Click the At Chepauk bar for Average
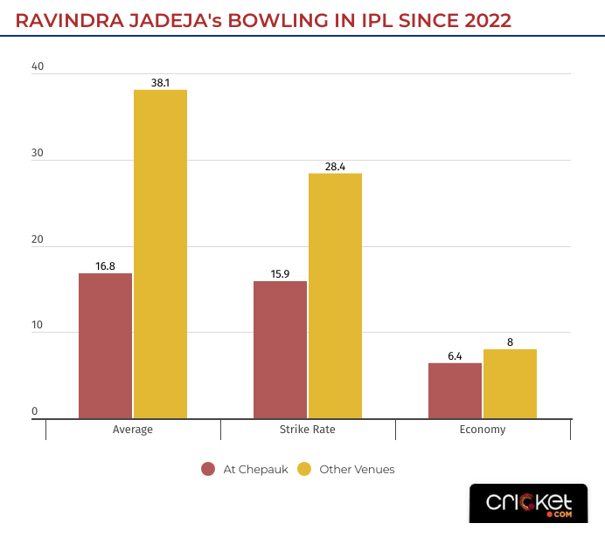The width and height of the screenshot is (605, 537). click(x=105, y=346)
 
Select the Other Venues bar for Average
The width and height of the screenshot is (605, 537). click(x=160, y=254)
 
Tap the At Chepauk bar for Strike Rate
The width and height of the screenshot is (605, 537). click(x=280, y=349)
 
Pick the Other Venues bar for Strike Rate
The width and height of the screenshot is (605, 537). click(x=335, y=296)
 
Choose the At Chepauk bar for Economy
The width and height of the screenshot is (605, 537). click(x=455, y=390)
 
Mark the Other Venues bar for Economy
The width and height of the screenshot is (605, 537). click(x=510, y=383)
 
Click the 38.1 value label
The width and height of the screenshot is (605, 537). click(x=160, y=83)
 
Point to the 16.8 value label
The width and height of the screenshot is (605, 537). click(x=105, y=266)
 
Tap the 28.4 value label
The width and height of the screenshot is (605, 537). click(x=335, y=166)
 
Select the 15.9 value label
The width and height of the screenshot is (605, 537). click(x=280, y=274)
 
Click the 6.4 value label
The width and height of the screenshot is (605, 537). click(x=455, y=355)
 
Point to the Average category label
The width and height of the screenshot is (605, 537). click(x=133, y=430)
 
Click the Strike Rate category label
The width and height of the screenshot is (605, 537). click(x=308, y=430)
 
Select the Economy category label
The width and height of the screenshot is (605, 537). click(x=483, y=430)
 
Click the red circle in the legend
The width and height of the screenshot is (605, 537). click(x=208, y=469)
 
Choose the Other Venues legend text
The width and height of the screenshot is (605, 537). click(x=357, y=469)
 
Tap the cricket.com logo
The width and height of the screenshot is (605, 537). click(x=530, y=504)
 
